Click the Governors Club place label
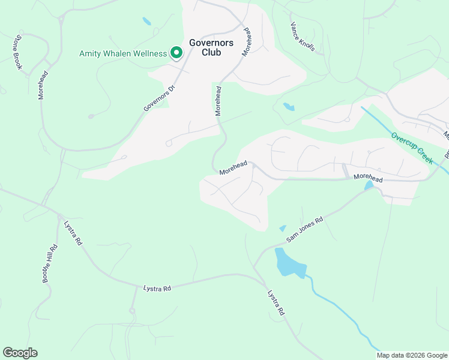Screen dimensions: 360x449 point(205,47)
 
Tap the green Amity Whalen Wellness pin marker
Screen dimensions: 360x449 point(176,54)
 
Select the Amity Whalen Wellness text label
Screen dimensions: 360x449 point(123,53)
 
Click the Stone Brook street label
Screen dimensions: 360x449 point(19,52)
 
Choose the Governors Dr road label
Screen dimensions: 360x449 point(159,97)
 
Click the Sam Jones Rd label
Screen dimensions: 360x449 point(304,229)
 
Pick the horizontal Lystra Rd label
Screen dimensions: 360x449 point(157,289)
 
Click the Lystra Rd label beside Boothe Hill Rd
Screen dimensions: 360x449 point(73,233)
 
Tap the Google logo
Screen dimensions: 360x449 point(20,353)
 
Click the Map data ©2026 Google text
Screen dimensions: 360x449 point(412,355)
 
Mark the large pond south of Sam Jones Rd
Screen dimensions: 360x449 point(289,262)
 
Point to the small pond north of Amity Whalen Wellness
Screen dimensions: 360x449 point(146,22)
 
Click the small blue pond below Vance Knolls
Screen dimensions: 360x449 point(289,107)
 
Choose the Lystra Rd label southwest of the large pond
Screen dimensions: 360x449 point(276,304)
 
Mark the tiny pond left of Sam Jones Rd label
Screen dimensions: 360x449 point(282,228)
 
